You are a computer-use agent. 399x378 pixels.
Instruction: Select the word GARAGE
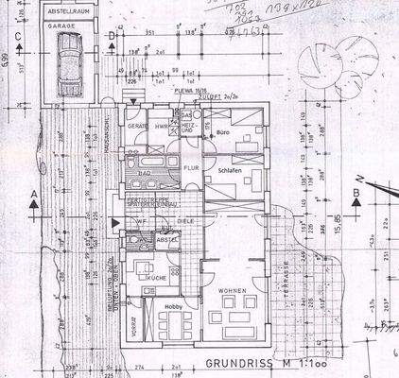point(65,27)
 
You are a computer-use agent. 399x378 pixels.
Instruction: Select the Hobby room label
point(170,307)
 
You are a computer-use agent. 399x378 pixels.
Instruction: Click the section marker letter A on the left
point(34,193)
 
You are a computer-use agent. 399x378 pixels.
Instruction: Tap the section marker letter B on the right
point(356,193)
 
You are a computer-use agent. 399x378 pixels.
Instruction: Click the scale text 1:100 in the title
point(295,362)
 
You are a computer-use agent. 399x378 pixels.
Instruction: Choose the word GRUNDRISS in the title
point(232,362)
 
